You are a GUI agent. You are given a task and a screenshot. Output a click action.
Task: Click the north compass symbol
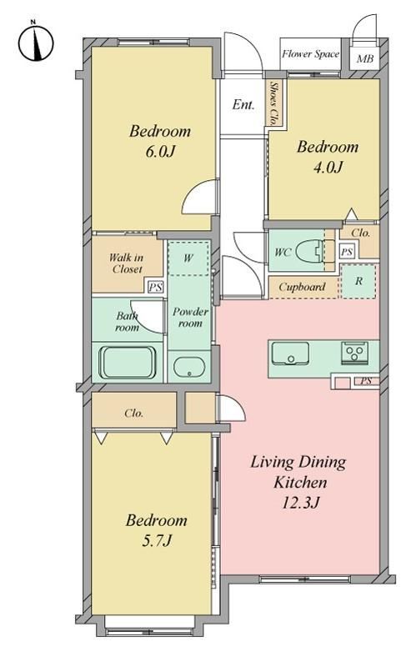36,43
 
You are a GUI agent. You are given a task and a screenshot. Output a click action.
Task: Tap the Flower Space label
310,54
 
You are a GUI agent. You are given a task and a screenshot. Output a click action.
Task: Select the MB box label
364,58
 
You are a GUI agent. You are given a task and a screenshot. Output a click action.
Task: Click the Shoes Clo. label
274,103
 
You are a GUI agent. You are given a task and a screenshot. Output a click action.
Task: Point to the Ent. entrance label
243,104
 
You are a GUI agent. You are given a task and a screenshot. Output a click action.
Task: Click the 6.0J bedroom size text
160,151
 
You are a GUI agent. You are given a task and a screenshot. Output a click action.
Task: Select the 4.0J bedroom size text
328,168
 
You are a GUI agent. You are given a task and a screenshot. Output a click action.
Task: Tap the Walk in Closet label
127,263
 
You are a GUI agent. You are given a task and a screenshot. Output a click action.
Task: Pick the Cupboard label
302,287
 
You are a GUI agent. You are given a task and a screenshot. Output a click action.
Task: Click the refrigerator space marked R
358,281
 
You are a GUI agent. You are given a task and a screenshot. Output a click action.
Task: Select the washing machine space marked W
188,258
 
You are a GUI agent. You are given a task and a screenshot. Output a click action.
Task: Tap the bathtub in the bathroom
128,362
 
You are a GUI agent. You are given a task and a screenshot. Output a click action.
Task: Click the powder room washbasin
189,367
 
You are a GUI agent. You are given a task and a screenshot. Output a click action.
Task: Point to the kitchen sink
290,353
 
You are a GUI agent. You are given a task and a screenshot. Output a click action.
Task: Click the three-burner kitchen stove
354,352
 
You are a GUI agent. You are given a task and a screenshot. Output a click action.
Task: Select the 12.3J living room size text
300,503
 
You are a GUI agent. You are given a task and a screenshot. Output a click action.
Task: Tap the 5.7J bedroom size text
157,540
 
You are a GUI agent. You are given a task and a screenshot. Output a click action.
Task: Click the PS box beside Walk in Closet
155,287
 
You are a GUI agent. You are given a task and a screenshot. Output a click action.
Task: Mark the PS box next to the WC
346,252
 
